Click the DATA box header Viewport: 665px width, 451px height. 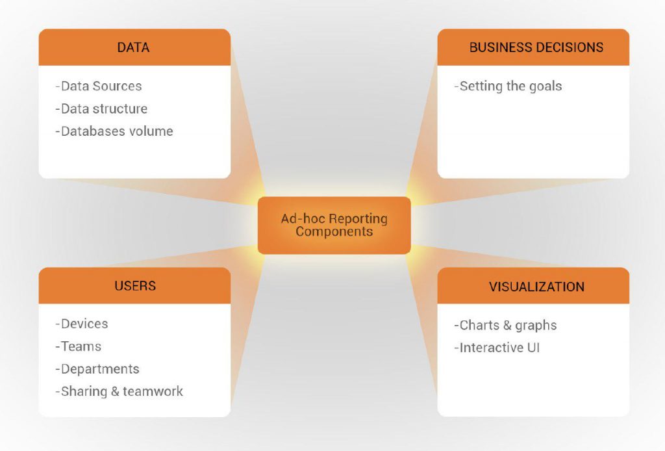pyautogui.click(x=134, y=47)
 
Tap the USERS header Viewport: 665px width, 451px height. pyautogui.click(x=134, y=286)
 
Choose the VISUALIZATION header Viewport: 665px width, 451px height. pyautogui.click(x=533, y=287)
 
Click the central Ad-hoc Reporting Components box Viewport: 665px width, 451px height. pyautogui.click(x=334, y=225)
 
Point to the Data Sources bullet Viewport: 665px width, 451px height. pyautogui.click(x=99, y=86)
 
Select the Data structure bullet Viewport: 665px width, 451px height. pyautogui.click(x=101, y=109)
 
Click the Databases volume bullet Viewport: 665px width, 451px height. pyautogui.click(x=114, y=131)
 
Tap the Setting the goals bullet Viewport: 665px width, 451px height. pyautogui.click(x=508, y=86)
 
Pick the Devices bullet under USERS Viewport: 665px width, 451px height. pyautogui.click(x=82, y=324)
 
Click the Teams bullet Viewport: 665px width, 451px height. pyautogui.click(x=79, y=346)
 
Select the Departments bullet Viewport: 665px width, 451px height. pyautogui.click(x=97, y=369)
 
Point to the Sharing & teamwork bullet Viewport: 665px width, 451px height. pyautogui.click(x=119, y=391)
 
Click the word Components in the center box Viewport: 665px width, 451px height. pyautogui.click(x=334, y=231)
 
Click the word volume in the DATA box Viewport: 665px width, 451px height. pyautogui.click(x=151, y=131)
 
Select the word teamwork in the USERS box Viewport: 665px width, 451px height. pyautogui.click(x=153, y=391)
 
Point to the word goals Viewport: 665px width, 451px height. pyautogui.click(x=545, y=86)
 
